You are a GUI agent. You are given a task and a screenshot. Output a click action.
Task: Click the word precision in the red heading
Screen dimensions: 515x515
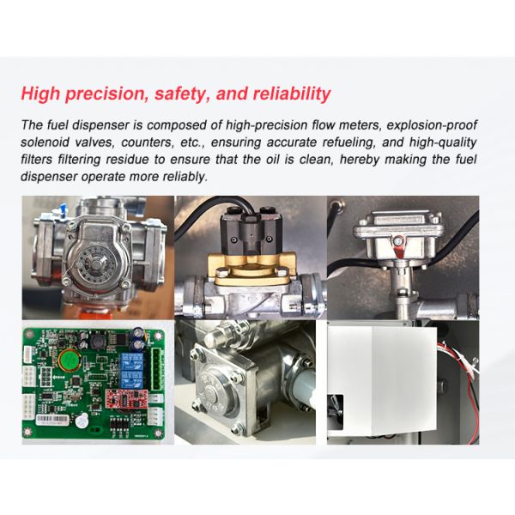pyautogui.click(x=106, y=94)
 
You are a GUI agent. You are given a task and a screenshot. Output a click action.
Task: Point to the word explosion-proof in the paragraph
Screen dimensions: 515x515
pyautogui.click(x=432, y=125)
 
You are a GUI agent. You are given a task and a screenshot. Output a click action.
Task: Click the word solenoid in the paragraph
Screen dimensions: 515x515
pyautogui.click(x=45, y=142)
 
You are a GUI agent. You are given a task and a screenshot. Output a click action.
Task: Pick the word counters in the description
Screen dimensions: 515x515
pyautogui.click(x=148, y=142)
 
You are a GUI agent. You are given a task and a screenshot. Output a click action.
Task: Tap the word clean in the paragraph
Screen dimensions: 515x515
pyautogui.click(x=315, y=160)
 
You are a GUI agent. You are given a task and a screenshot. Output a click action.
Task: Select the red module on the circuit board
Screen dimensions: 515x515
pyautogui.click(x=122, y=398)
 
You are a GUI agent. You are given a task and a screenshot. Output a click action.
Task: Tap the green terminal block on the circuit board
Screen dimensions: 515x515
pyautogui.click(x=157, y=369)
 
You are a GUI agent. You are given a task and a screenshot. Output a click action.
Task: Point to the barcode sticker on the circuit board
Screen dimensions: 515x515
pyautogui.click(x=52, y=420)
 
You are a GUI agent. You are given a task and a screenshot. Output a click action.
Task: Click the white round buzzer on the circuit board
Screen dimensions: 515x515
pyautogui.click(x=82, y=421)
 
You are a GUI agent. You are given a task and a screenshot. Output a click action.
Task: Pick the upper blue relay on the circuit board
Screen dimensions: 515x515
pyautogui.click(x=132, y=360)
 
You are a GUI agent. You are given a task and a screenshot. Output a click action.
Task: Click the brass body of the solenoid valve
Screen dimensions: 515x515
pyautogui.click(x=251, y=269)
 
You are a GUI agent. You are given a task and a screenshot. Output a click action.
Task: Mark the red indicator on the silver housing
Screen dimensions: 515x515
pyautogui.click(x=399, y=249)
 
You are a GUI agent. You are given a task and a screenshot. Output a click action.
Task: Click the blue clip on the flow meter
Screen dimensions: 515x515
pyautogui.click(x=62, y=208)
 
